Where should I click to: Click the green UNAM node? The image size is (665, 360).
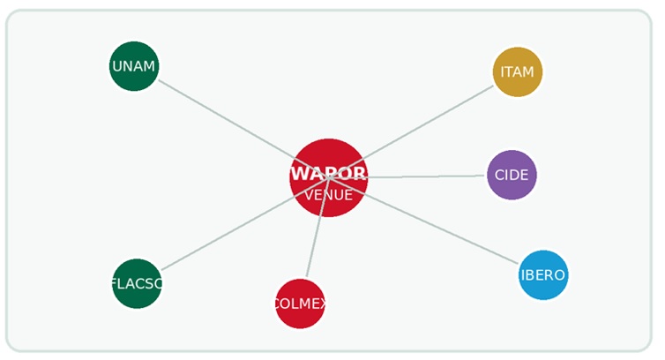click(x=134, y=66)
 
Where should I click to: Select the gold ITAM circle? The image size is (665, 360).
click(x=518, y=71)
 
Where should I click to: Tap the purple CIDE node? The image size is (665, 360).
click(x=512, y=175)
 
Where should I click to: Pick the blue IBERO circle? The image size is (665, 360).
click(x=543, y=275)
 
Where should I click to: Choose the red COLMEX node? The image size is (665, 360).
click(x=300, y=304)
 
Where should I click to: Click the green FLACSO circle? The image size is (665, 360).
click(x=137, y=283)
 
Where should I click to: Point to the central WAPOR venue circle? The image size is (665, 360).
click(x=329, y=177)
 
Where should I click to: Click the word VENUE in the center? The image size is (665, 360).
click(x=329, y=195)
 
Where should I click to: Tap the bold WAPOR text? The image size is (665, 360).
click(x=329, y=173)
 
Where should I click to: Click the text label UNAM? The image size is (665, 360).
click(x=134, y=66)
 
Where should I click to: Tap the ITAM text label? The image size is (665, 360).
click(x=518, y=71)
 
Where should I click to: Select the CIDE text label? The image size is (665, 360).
click(x=512, y=175)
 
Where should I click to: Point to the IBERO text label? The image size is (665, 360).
click(x=543, y=275)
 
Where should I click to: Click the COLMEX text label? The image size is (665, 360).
click(x=300, y=304)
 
